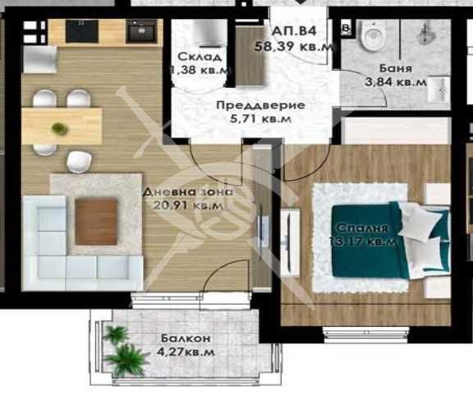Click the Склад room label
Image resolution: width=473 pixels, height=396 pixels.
pyautogui.click(x=199, y=57)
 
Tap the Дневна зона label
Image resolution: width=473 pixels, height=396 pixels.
pyautogui.click(x=187, y=191)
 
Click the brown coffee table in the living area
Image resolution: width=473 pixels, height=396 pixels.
pyautogui.click(x=96, y=222)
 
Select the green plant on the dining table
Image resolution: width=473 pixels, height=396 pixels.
pyautogui.click(x=58, y=128)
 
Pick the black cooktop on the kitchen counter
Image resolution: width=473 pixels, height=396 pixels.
pyautogui.click(x=83, y=30)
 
